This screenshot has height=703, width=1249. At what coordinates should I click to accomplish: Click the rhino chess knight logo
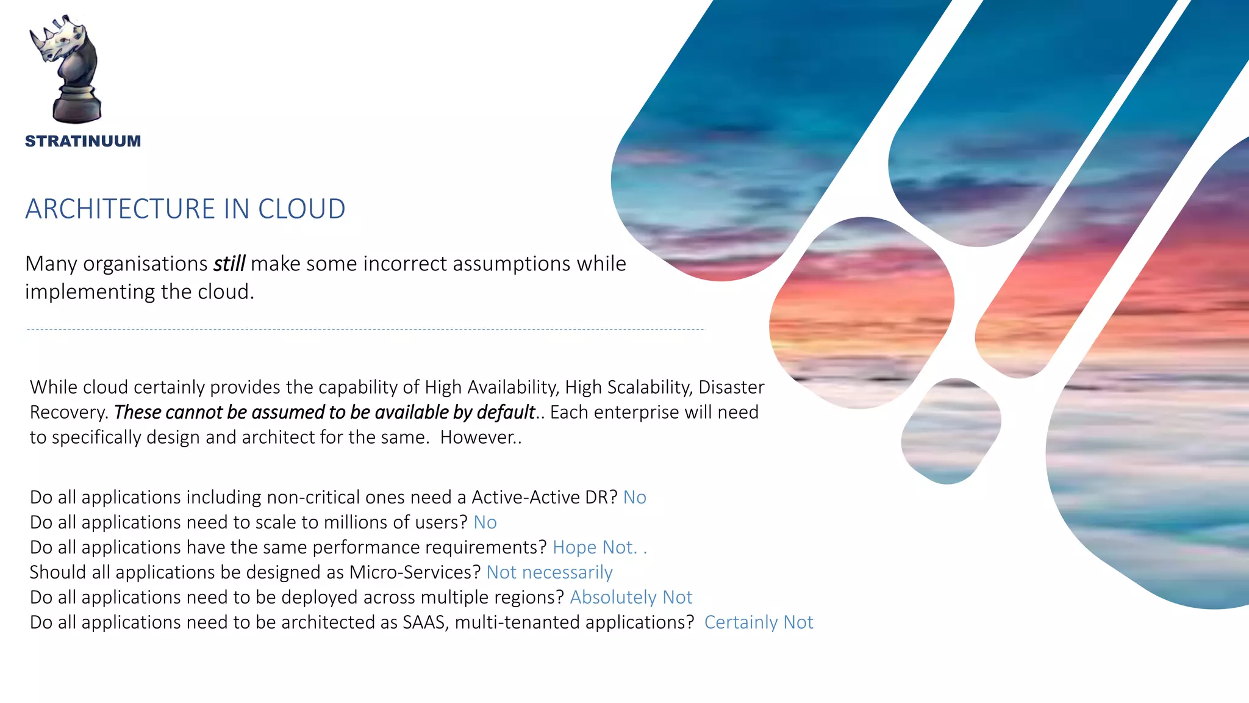tap(66, 68)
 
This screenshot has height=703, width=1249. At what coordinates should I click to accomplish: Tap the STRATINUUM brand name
tap(83, 142)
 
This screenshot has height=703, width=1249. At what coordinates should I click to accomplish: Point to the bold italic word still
tap(229, 264)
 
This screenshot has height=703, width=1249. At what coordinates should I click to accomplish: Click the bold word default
tap(505, 413)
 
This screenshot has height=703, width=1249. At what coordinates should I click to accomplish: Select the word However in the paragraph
tap(478, 438)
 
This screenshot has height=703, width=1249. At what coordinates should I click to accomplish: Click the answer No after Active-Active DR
tap(634, 497)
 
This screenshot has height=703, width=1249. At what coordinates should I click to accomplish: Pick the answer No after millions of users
tap(485, 522)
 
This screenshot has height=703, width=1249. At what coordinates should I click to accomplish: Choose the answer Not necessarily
tap(549, 572)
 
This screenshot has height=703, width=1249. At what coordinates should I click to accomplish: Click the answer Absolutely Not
tap(631, 597)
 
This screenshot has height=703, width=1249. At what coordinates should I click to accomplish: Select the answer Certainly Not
tap(758, 622)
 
